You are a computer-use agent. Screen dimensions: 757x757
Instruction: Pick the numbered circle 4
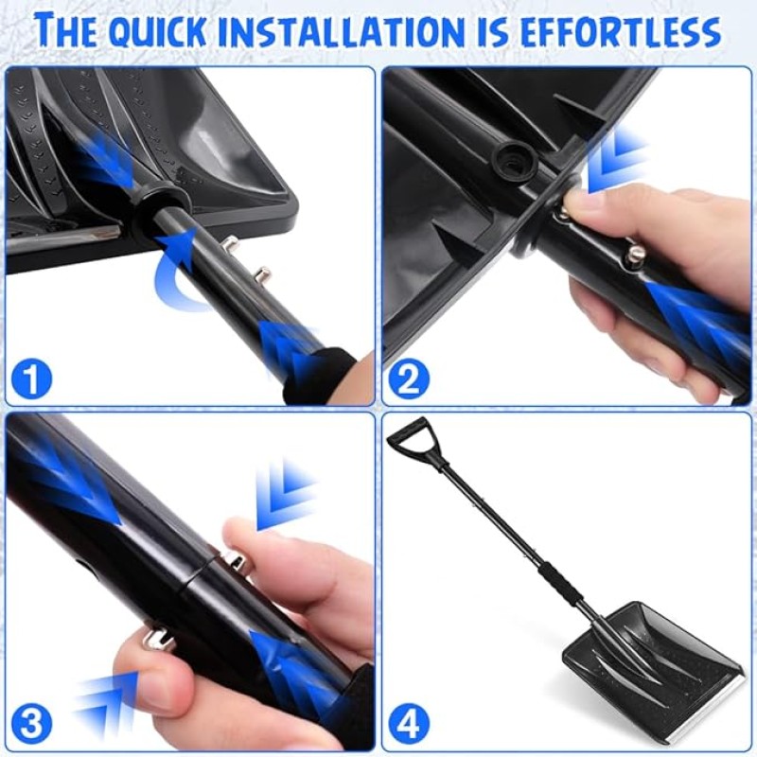point(409,726)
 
